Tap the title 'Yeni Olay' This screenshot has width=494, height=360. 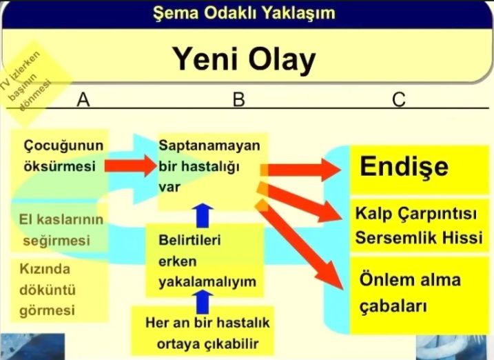[243, 61]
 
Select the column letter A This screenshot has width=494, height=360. [84, 101]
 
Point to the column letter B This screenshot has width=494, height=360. [238, 101]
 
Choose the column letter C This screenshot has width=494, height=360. [398, 101]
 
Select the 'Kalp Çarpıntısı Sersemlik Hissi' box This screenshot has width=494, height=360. [421, 225]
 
